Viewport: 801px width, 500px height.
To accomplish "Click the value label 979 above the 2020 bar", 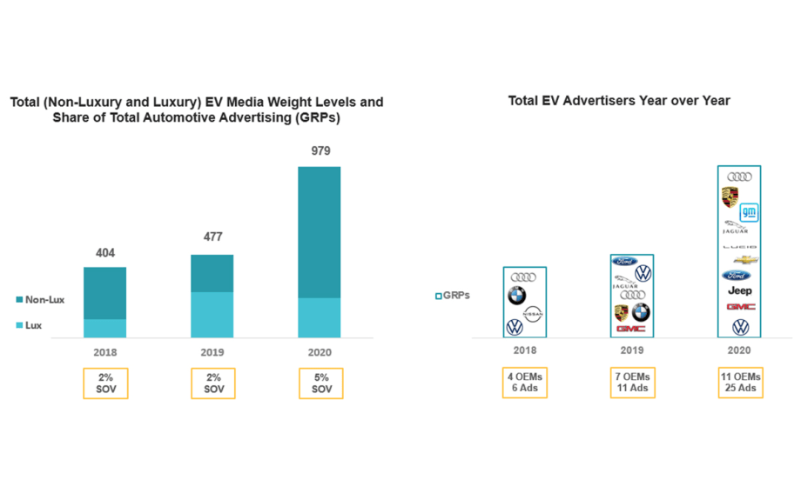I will (x=320, y=151).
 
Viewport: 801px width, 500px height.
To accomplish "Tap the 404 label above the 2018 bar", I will (x=104, y=252).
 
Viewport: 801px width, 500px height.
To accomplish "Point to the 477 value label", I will (x=212, y=240).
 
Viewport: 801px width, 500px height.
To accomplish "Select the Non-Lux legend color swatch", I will (x=18, y=300).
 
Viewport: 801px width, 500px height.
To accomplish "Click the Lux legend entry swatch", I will (x=18, y=326).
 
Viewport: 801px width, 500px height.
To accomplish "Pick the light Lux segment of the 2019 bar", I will (x=212, y=315).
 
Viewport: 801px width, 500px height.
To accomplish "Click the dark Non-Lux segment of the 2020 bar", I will (x=320, y=232).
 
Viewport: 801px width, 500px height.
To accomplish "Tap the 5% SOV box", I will (x=320, y=383).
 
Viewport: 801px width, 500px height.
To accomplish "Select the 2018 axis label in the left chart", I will (x=104, y=353).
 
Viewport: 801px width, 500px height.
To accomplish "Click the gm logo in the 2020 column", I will (x=749, y=211).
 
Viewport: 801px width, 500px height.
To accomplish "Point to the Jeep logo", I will (x=739, y=291).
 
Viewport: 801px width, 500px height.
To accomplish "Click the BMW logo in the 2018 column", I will (x=517, y=296).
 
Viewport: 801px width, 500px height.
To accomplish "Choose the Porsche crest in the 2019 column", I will (x=623, y=312).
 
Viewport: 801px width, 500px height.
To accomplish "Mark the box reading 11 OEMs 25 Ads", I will (x=740, y=383).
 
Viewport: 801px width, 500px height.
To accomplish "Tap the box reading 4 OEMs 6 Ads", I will (x=524, y=383).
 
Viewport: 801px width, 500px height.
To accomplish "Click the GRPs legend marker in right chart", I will (x=438, y=296).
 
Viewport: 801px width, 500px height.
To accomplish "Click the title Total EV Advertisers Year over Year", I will (x=618, y=101).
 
